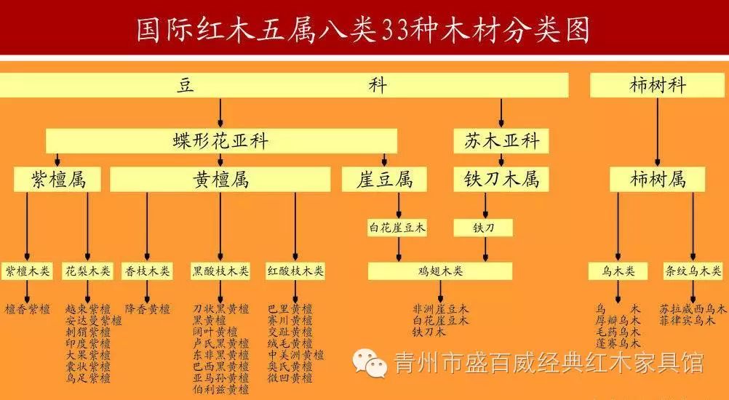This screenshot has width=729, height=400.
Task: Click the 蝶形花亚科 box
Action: (221, 141)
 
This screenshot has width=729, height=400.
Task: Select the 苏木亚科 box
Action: (501, 141)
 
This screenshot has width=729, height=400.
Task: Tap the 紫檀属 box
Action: (58, 180)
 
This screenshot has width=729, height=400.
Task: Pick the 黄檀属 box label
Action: (221, 180)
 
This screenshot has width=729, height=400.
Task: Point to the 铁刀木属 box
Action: (501, 180)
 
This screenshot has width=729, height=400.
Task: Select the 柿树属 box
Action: (658, 179)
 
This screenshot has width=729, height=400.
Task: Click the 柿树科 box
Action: (658, 85)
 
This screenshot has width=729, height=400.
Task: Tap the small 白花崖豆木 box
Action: (397, 228)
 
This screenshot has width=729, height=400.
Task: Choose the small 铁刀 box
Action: (484, 228)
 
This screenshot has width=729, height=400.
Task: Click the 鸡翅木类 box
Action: (439, 271)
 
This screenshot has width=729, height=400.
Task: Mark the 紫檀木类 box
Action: (28, 271)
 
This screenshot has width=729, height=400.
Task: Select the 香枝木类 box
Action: (147, 271)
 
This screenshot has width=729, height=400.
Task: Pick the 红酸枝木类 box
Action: (295, 271)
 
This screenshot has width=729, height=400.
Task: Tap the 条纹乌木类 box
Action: (692, 271)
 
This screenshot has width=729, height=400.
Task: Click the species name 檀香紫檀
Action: (28, 309)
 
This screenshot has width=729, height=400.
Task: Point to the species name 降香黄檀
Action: (147, 309)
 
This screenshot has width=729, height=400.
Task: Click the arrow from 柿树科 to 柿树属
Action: (658, 131)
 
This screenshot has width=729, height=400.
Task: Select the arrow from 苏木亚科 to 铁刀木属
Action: (501, 161)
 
